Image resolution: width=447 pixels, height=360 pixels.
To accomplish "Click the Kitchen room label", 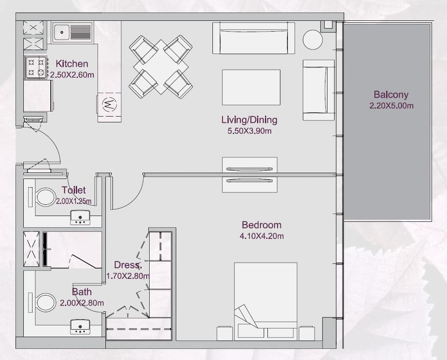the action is click(72, 64).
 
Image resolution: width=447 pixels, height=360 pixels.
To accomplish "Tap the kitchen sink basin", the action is click(62, 32).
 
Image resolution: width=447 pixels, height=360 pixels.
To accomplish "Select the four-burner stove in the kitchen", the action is click(36, 67).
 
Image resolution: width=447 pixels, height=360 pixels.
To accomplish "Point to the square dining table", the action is click(161, 67).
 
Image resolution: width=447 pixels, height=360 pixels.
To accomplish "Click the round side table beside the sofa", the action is click(313, 40).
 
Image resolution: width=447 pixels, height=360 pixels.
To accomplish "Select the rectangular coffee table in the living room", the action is click(251, 87).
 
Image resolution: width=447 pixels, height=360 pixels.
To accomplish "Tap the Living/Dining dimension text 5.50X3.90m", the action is click(250, 131).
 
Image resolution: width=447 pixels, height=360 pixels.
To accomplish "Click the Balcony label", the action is click(391, 94).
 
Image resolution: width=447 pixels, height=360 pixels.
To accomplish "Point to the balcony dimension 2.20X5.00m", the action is click(392, 106).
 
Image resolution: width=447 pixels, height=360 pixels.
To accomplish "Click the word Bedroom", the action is click(262, 225).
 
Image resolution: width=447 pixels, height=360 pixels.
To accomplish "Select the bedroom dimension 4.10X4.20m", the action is click(262, 236).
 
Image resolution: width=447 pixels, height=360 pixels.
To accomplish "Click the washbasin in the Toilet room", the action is click(80, 218).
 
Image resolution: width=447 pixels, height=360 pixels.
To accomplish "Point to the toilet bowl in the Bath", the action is click(45, 303).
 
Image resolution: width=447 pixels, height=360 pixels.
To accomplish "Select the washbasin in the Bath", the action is click(80, 327).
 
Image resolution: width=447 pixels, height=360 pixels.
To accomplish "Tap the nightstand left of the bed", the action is click(225, 333).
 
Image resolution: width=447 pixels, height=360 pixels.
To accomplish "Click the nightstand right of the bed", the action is click(307, 333).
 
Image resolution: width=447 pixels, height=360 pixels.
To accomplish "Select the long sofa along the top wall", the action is click(254, 38).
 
